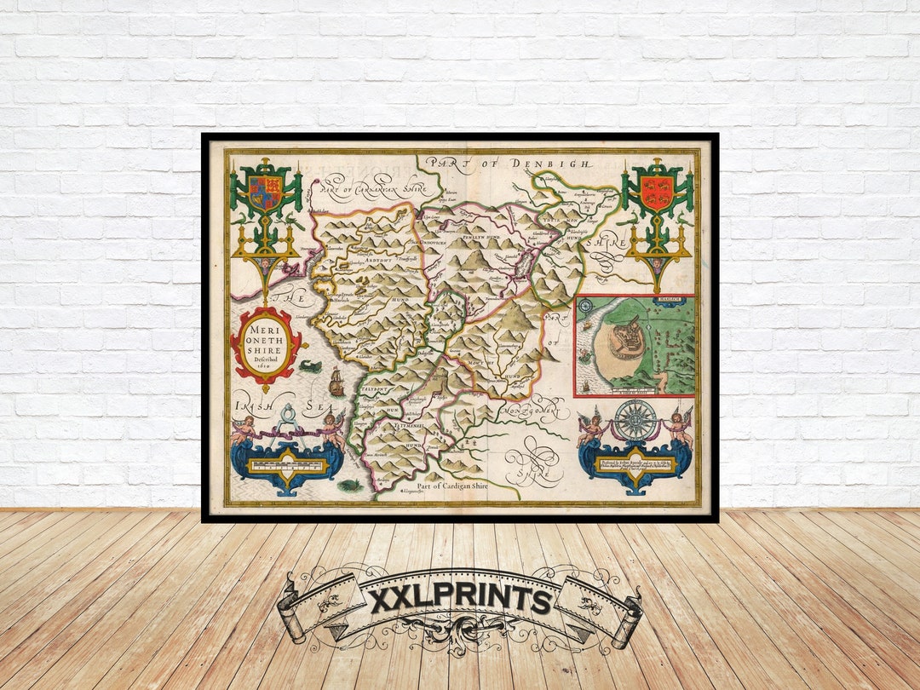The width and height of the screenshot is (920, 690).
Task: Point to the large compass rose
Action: pyautogui.click(x=635, y=421)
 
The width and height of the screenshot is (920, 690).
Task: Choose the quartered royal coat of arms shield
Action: pyautogui.click(x=265, y=194)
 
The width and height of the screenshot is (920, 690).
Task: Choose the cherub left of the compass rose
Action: pyautogui.click(x=591, y=426)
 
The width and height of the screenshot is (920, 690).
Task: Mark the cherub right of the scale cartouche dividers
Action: pyautogui.click(x=331, y=428)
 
